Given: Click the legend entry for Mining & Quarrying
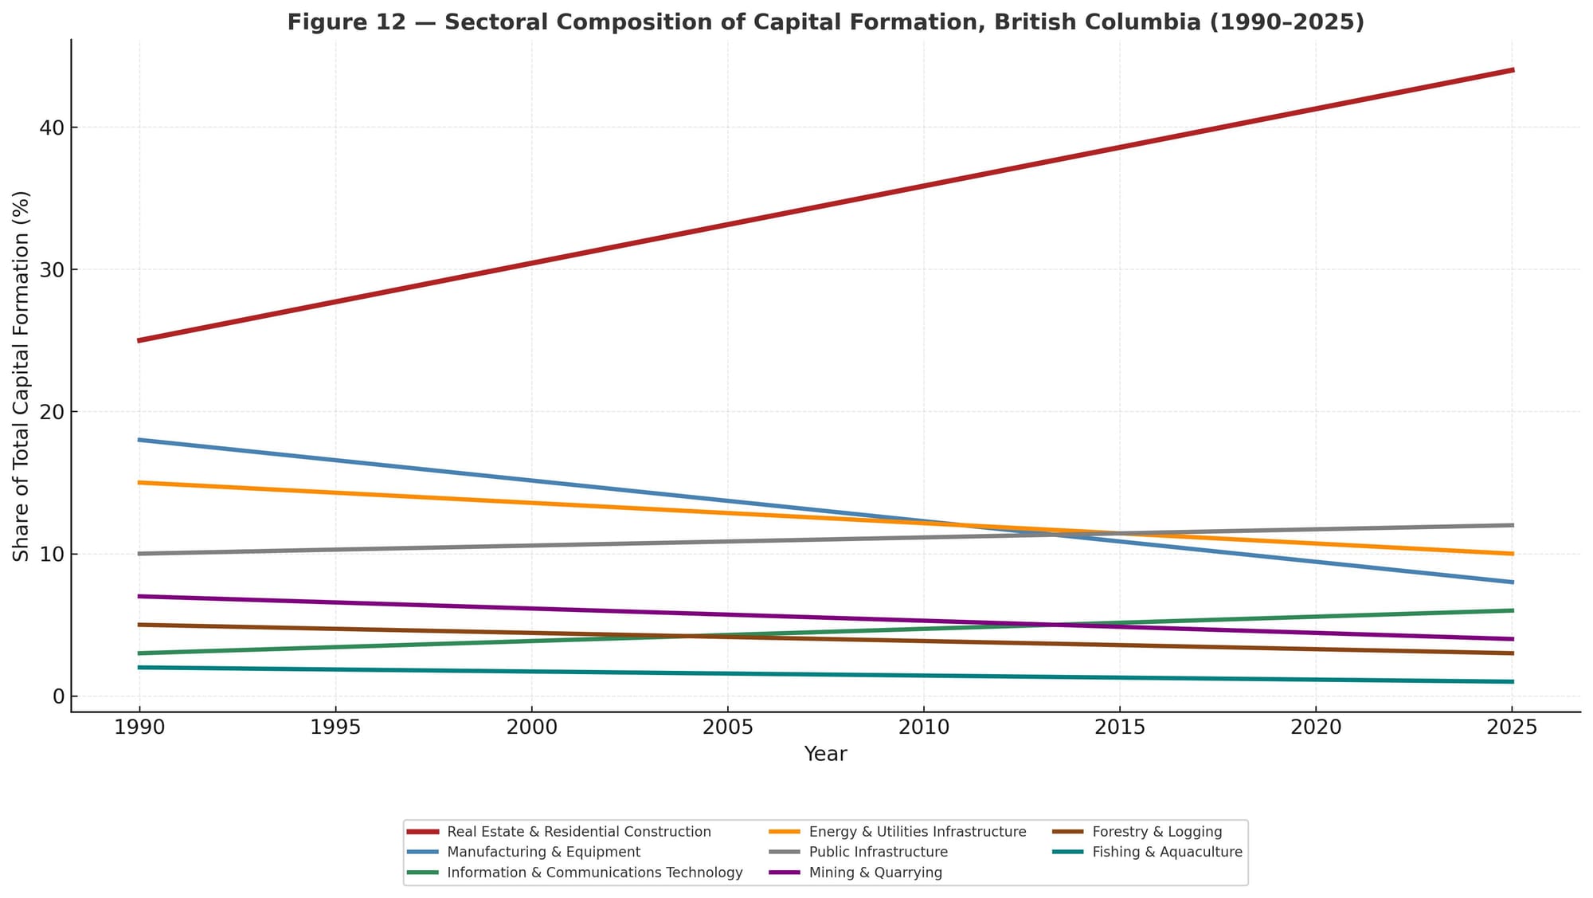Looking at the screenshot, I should pyautogui.click(x=875, y=873).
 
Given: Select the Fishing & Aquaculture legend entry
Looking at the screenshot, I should pyautogui.click(x=1167, y=852).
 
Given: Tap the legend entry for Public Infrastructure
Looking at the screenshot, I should pyautogui.click(x=878, y=852).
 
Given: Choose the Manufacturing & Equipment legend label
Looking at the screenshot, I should pyautogui.click(x=543, y=852).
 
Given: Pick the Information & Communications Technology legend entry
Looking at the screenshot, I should pyautogui.click(x=594, y=873).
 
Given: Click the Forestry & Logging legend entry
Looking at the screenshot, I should pyautogui.click(x=1157, y=832).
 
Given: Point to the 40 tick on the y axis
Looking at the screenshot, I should pyautogui.click(x=53, y=127).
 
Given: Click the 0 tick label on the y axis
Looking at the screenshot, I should pyautogui.click(x=58, y=696).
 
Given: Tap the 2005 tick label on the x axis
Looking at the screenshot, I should pyautogui.click(x=727, y=727).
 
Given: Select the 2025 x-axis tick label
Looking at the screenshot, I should pyautogui.click(x=1511, y=727).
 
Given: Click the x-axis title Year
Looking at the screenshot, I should pyautogui.click(x=825, y=754).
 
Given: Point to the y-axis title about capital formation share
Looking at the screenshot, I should pyautogui.click(x=22, y=375).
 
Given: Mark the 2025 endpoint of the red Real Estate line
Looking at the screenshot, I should pyautogui.click(x=1512, y=70).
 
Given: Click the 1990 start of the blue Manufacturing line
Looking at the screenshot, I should pyautogui.click(x=140, y=440).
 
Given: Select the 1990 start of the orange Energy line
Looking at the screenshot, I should pyautogui.click(x=140, y=483).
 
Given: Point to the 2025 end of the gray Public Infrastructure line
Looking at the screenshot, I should pyautogui.click(x=1512, y=525).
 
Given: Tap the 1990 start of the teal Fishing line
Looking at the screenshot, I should pyautogui.click(x=140, y=668).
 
